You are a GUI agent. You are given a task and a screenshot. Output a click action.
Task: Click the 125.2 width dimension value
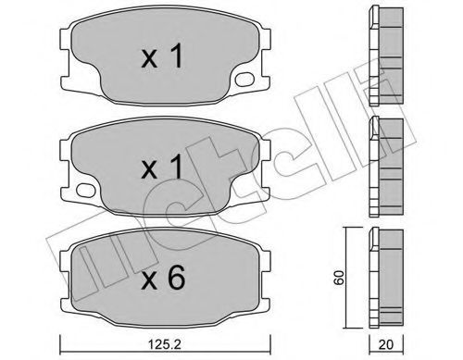165,345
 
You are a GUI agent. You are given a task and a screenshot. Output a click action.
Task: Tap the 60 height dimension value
340,278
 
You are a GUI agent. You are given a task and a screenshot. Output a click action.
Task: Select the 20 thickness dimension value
386,345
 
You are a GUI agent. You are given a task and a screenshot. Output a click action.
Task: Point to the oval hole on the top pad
244,79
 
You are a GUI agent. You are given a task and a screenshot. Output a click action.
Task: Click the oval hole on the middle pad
85,190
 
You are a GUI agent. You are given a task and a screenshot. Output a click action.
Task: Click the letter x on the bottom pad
149,281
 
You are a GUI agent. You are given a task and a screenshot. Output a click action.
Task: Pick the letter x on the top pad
149,59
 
